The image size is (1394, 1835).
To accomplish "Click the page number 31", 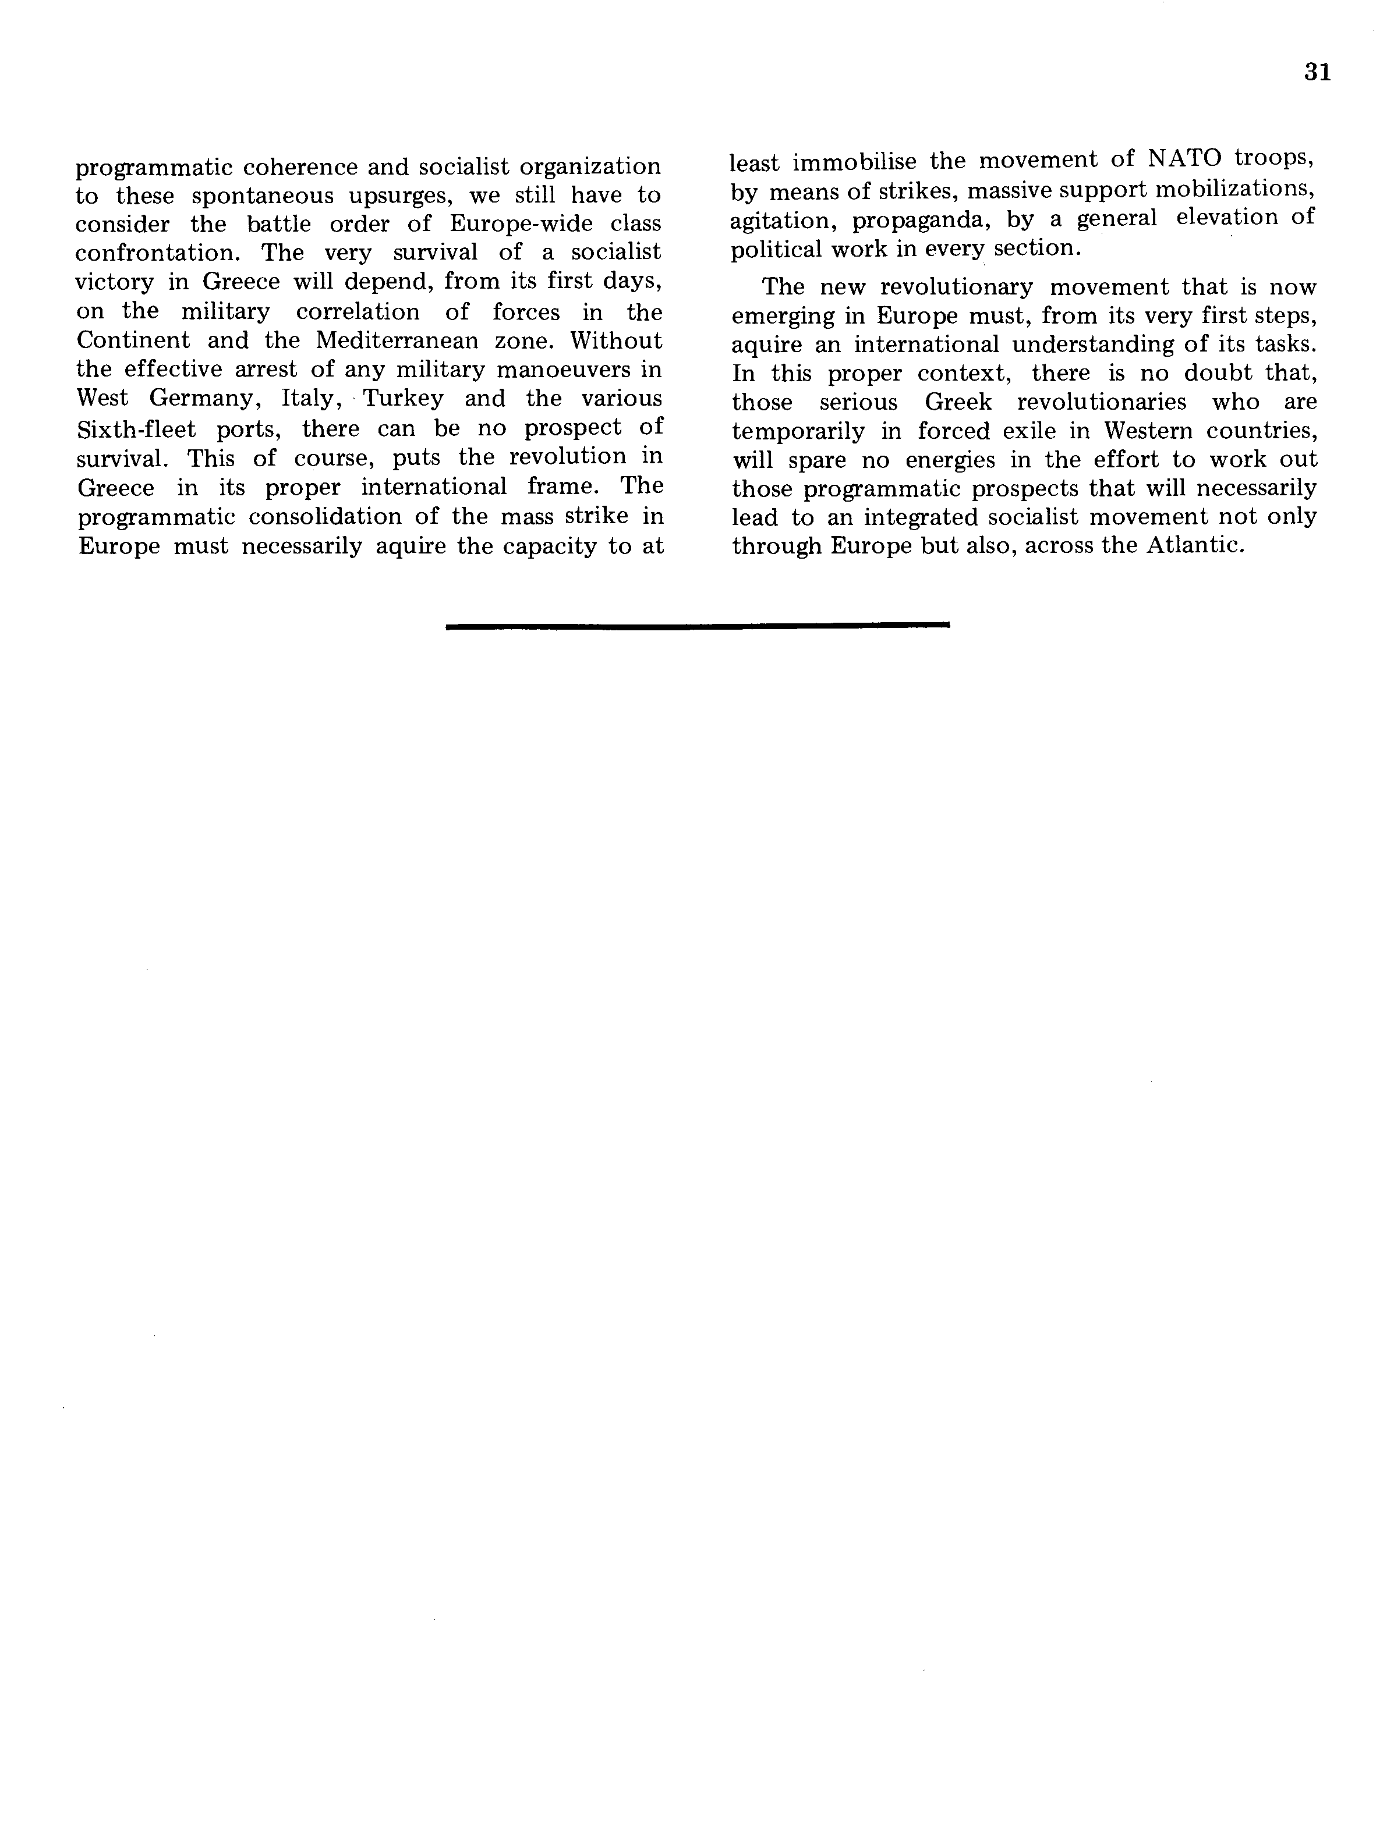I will [1317, 73].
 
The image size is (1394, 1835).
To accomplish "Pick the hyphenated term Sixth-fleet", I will [136, 428].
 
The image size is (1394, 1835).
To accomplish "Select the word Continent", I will [129, 341].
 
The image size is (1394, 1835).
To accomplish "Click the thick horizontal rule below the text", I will [697, 626].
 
